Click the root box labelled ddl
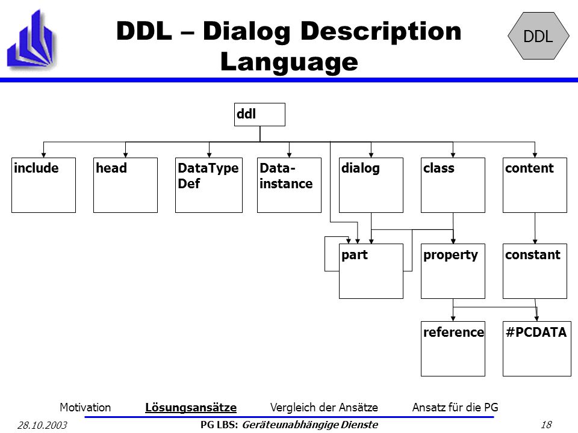coord(259,114)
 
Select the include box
coord(43,185)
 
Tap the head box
coord(125,185)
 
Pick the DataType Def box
coord(209,185)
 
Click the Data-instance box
coord(289,185)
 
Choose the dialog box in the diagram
coord(371,185)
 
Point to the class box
coord(453,185)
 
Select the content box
coord(535,185)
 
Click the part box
coord(371,271)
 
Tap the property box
coord(453,271)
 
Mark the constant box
coord(535,271)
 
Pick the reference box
coord(453,349)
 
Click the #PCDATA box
coord(536,349)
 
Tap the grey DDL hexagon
coord(538,35)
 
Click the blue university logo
coord(32,39)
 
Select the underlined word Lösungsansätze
coord(191,408)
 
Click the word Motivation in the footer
coord(85,407)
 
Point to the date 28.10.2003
coord(42,425)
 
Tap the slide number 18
coord(546,425)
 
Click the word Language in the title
coord(289,61)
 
